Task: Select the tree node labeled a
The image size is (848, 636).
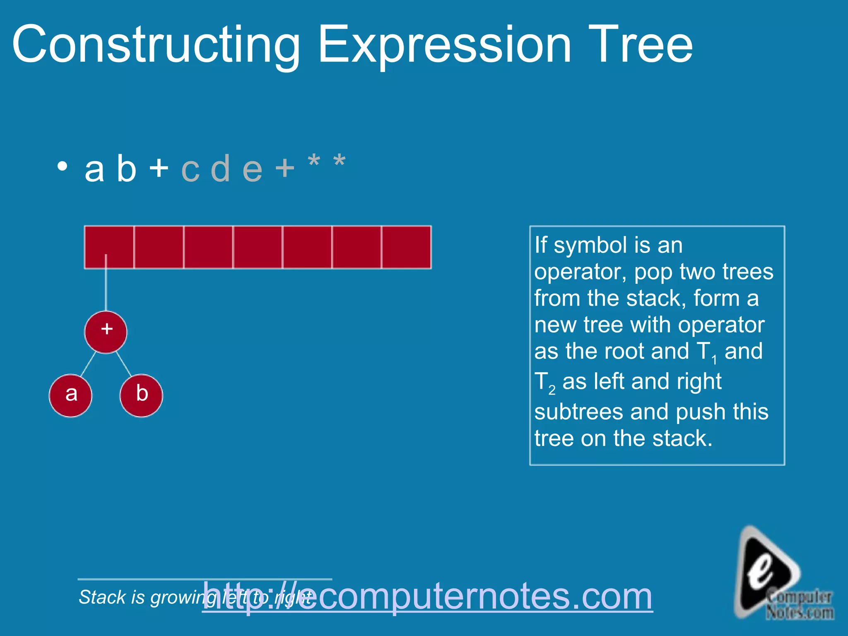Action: pyautogui.click(x=71, y=395)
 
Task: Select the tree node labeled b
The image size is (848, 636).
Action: pyautogui.click(x=141, y=395)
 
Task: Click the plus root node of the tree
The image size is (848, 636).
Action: pyautogui.click(x=106, y=332)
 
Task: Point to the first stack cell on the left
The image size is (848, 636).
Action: pyautogui.click(x=109, y=247)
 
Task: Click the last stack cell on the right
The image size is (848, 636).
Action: pyautogui.click(x=406, y=247)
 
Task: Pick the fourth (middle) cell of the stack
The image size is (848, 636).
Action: pyautogui.click(x=258, y=247)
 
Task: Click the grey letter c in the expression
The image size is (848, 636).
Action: pyautogui.click(x=190, y=170)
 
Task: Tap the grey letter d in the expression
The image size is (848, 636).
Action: pyautogui.click(x=220, y=169)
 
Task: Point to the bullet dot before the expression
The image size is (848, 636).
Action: pyautogui.click(x=62, y=166)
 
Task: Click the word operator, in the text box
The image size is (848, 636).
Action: pyautogui.click(x=580, y=272)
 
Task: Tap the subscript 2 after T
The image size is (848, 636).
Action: pyautogui.click(x=552, y=390)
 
